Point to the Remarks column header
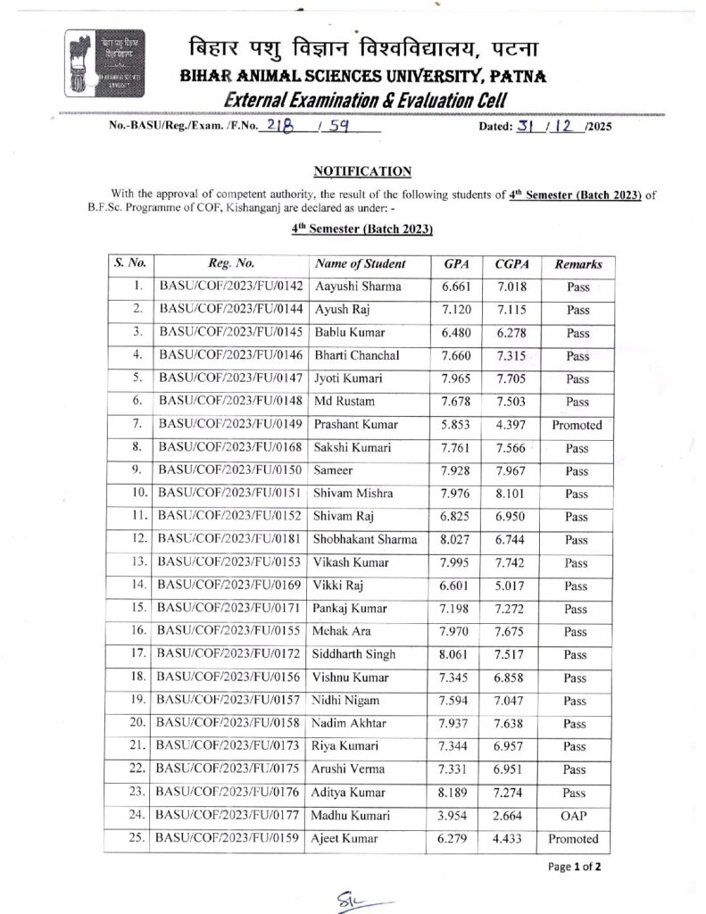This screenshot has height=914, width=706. [577, 264]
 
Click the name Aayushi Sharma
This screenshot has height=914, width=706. [358, 287]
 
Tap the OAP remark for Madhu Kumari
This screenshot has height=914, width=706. [577, 816]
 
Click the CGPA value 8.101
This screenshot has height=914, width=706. [511, 494]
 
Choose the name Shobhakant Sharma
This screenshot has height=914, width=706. [365, 540]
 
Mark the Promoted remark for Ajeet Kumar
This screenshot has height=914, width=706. [577, 839]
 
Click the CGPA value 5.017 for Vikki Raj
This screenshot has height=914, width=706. [511, 586]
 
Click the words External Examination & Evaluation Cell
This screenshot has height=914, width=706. [366, 102]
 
